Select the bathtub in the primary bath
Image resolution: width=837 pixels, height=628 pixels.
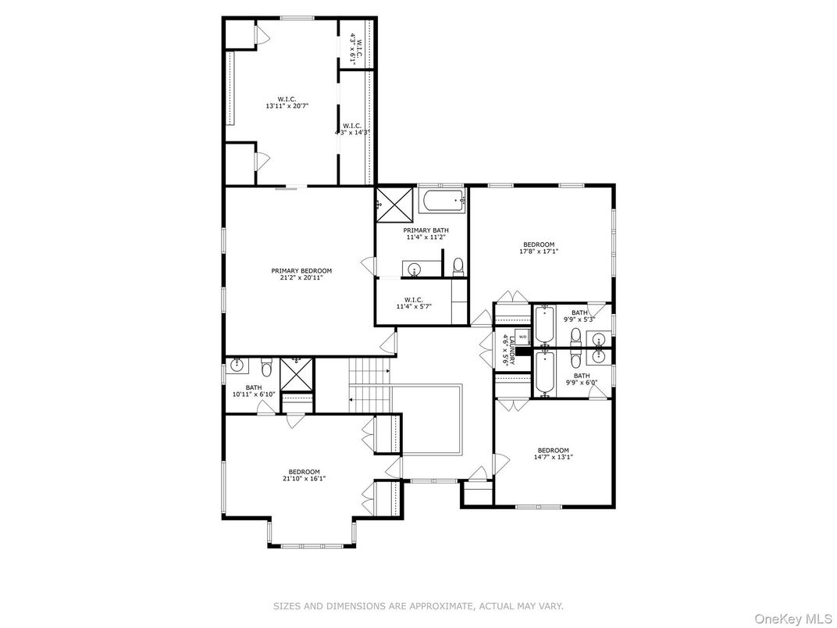pyautogui.click(x=442, y=203)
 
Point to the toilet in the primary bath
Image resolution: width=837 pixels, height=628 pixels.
pyautogui.click(x=458, y=267)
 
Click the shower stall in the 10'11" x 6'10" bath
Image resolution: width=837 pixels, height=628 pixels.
pyautogui.click(x=296, y=374)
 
